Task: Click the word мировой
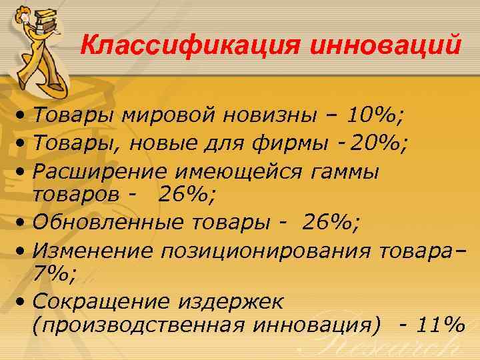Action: coord(169,118)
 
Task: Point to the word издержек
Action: coord(230,301)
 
